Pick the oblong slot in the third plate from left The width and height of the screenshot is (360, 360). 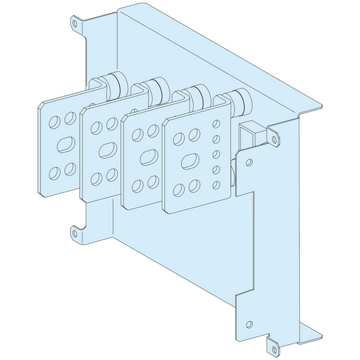point(146,156)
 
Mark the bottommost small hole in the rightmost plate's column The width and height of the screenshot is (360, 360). point(217,184)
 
